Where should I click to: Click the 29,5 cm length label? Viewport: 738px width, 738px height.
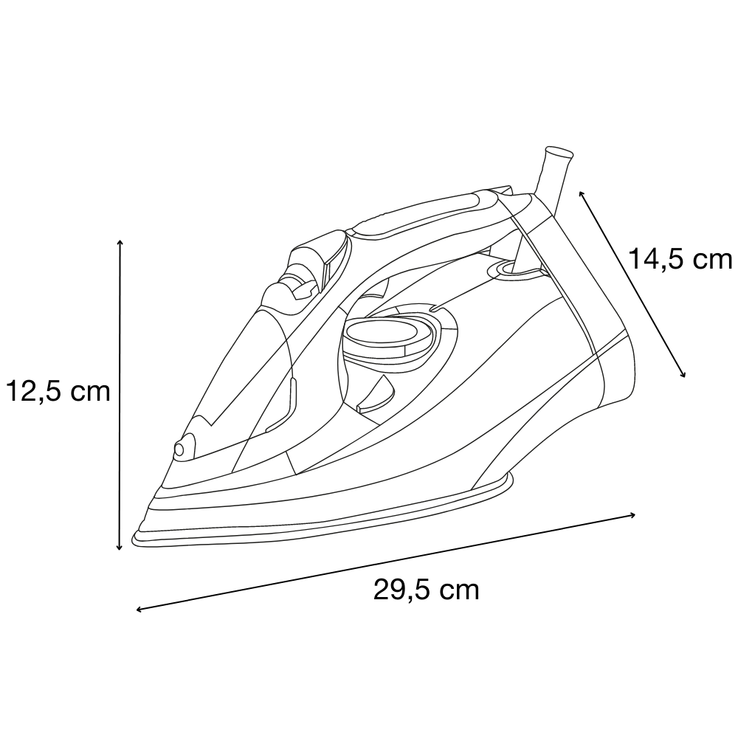pyautogui.click(x=427, y=589)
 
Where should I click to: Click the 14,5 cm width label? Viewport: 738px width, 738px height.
pyautogui.click(x=680, y=259)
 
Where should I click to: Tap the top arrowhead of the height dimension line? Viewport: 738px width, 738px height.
pyautogui.click(x=120, y=242)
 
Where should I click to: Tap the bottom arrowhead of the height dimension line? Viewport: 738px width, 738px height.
pyautogui.click(x=119, y=548)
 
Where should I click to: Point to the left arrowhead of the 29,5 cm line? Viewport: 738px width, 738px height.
pyautogui.click(x=139, y=610)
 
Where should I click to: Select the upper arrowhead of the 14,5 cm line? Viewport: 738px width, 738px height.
pyautogui.click(x=582, y=193)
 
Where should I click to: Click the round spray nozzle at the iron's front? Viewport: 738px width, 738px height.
pyautogui.click(x=179, y=449)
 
